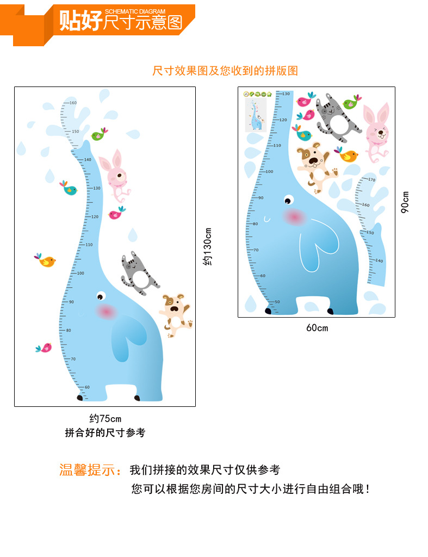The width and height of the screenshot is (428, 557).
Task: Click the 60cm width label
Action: point(317,327)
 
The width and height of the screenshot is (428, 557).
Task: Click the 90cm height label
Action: point(405,202)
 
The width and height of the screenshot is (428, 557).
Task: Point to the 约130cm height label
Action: point(207,246)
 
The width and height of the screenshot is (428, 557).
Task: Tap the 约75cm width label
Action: point(106,418)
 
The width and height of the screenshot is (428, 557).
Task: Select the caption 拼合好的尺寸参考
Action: point(106,433)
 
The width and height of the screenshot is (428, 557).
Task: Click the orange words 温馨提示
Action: point(90,470)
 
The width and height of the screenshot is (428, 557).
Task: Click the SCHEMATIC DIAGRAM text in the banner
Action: point(135,11)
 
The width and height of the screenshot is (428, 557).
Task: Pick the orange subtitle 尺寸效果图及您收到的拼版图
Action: point(225,71)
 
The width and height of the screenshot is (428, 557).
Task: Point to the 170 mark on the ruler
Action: point(372,180)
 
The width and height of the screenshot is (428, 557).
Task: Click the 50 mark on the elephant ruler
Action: point(277,301)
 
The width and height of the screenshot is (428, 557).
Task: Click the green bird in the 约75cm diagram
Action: point(98,134)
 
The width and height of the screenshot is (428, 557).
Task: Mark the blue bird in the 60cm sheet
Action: point(303,134)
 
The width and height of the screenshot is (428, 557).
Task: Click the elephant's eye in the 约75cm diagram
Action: point(101,296)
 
